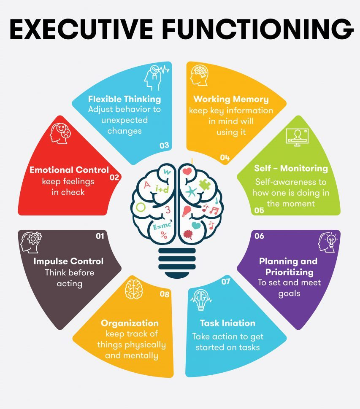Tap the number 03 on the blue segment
point(164,146)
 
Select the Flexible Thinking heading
point(125,99)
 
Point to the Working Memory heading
point(231,99)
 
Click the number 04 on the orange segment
point(225,158)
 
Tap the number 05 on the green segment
point(259,210)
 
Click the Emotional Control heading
point(69,170)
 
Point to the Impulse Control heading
point(68,261)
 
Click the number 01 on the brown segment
point(100,236)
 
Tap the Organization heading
point(130,323)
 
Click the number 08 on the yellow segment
point(164,294)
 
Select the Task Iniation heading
point(227,323)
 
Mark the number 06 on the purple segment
point(259,236)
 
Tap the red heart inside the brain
point(187,171)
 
